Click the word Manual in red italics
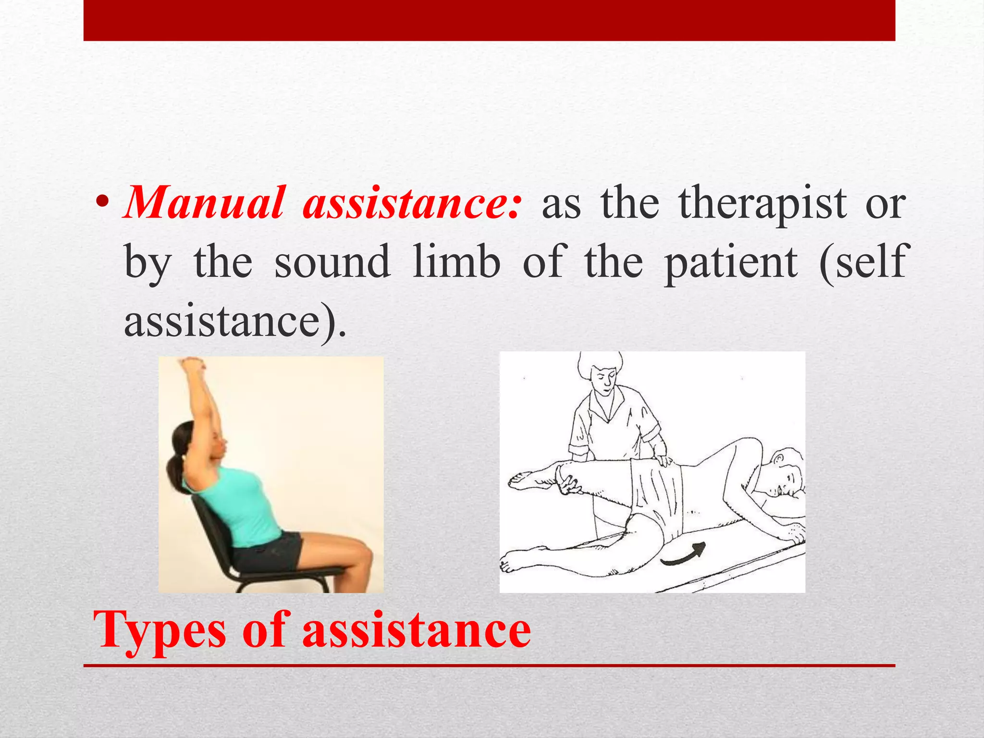[x=204, y=204]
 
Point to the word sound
[x=332, y=262]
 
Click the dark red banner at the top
[x=489, y=20]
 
